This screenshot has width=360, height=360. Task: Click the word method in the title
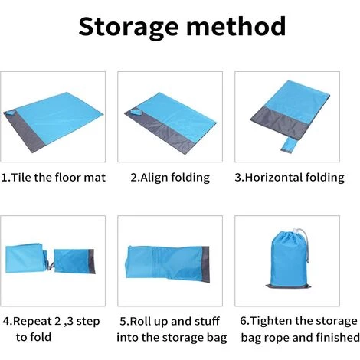(x=236, y=26)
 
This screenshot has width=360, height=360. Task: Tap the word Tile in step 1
(x=21, y=177)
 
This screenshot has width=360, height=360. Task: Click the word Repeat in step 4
(x=32, y=322)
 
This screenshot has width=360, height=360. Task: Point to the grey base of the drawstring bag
(x=289, y=286)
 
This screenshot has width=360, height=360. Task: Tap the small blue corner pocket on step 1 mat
(x=11, y=113)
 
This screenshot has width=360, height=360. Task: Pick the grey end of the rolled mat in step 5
(x=205, y=264)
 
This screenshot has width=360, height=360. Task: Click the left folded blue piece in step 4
(x=25, y=258)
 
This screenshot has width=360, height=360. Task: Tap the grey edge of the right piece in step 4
(x=91, y=262)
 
